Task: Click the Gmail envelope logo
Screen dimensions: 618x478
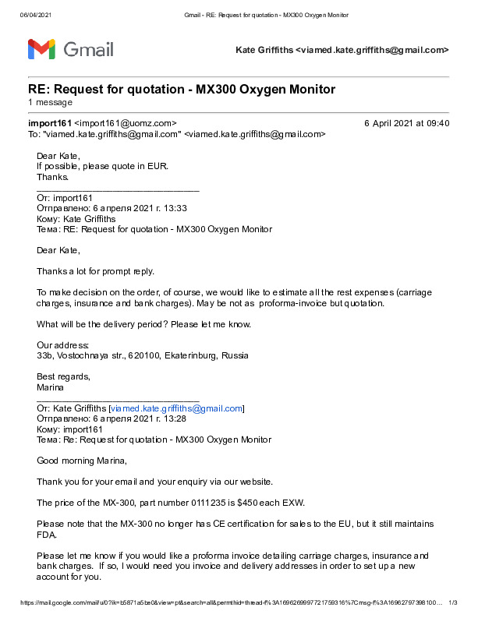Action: pyautogui.click(x=41, y=50)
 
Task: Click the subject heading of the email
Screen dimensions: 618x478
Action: pyautogui.click(x=182, y=89)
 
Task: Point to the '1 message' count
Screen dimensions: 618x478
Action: pyautogui.click(x=51, y=102)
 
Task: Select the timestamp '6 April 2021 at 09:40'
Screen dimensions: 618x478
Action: pyautogui.click(x=406, y=123)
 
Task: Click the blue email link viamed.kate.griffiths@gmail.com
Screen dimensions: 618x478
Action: pyautogui.click(x=177, y=408)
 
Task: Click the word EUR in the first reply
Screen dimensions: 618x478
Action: pyautogui.click(x=158, y=166)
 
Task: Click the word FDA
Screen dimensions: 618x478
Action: pyautogui.click(x=47, y=534)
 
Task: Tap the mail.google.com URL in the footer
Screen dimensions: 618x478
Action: pyautogui.click(x=226, y=602)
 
